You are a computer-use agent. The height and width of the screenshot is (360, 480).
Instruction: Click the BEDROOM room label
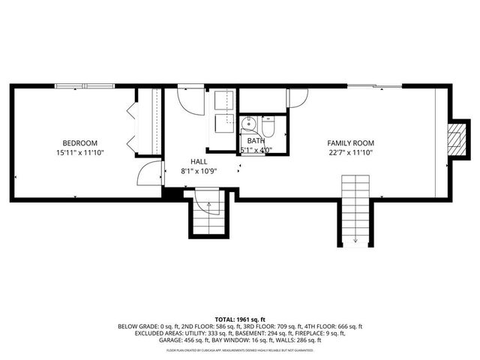(x=79, y=142)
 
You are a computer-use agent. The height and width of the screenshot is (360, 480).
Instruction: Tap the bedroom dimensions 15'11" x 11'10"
(x=79, y=152)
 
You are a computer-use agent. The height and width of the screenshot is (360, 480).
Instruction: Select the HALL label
(x=199, y=161)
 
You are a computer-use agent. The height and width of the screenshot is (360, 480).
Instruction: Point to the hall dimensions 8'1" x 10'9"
(x=199, y=171)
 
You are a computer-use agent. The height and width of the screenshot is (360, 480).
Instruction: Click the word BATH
(x=256, y=140)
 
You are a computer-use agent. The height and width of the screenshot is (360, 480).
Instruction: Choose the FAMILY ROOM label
(x=350, y=142)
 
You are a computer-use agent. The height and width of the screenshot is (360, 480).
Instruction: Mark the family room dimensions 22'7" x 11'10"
(x=350, y=152)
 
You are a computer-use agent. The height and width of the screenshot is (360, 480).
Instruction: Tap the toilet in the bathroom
(x=271, y=125)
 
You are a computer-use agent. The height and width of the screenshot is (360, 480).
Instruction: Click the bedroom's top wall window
(x=84, y=85)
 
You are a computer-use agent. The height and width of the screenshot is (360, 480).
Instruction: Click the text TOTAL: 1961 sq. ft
(x=240, y=319)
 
